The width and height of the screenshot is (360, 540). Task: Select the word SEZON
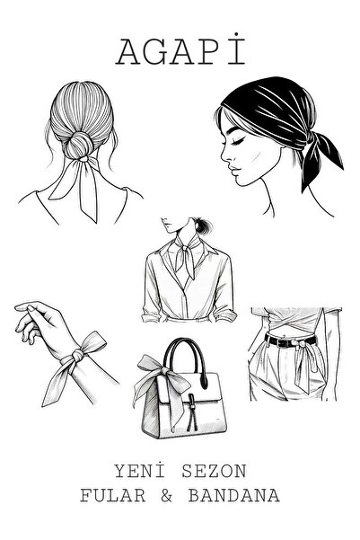(x=214, y=472)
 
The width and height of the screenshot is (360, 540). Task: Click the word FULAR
(x=113, y=496)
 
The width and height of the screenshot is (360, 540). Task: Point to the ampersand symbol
(x=167, y=496)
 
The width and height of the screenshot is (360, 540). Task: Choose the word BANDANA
(x=233, y=496)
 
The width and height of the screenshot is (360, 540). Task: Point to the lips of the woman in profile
(x=233, y=171)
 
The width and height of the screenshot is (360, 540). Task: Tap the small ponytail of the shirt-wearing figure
(x=203, y=226)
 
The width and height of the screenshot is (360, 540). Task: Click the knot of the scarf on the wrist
(x=77, y=355)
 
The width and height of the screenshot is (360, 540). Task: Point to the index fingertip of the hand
(x=18, y=306)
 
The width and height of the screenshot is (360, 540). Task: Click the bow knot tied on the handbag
(x=164, y=371)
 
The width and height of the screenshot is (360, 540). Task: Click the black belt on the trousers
(x=290, y=341)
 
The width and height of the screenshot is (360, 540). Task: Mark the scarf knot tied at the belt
(x=302, y=344)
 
